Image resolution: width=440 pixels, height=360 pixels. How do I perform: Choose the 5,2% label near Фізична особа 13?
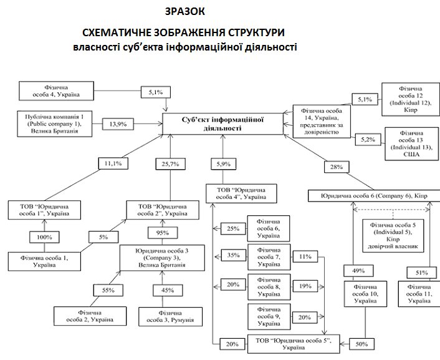pos(370,141)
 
